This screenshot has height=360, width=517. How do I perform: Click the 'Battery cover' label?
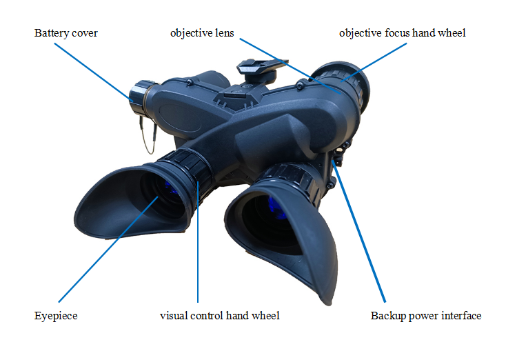coord(65,33)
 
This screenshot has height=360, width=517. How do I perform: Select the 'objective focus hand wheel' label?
coord(403,33)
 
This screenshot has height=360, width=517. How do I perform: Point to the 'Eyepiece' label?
coord(55,316)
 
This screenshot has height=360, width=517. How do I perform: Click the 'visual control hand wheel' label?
coord(219,316)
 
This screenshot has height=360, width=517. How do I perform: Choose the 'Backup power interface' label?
coord(425,316)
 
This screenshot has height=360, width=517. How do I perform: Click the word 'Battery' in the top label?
coord(50,33)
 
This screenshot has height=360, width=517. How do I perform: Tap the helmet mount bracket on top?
coord(260,68)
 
